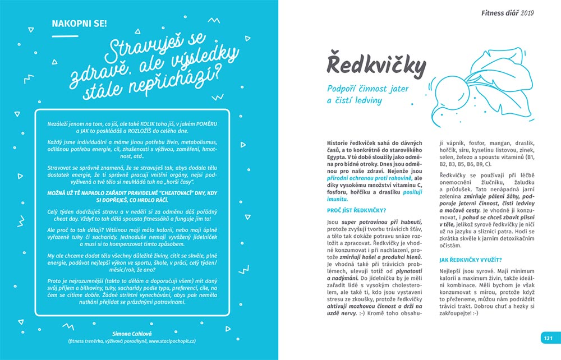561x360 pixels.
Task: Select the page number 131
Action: [548, 338]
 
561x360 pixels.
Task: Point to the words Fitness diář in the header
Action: [500, 12]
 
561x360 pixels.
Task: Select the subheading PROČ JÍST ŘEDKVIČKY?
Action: [356, 210]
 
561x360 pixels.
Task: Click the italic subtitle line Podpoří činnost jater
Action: [368, 89]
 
